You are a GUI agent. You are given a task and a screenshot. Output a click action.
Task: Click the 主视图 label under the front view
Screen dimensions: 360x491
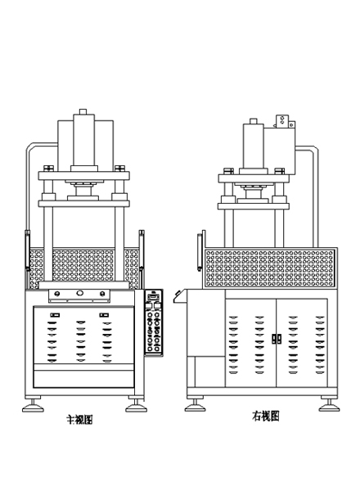[79, 419]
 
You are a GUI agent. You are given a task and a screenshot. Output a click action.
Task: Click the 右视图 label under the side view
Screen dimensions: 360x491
[265, 417]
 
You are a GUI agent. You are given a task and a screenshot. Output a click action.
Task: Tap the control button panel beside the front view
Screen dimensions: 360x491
[154, 322]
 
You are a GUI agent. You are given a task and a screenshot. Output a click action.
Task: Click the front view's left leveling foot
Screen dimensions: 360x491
[33, 405]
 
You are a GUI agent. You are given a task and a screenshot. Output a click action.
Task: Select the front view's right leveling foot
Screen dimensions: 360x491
[136, 405]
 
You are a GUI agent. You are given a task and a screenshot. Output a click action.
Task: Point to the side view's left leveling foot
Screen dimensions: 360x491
[195, 405]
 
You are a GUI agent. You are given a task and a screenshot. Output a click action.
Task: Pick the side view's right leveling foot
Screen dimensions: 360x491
[330, 405]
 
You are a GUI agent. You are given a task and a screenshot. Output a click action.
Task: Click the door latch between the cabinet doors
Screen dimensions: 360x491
[276, 339]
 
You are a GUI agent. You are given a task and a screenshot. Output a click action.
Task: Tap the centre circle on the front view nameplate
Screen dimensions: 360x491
[80, 293]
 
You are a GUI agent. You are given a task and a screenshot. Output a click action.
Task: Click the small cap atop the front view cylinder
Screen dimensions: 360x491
[83, 111]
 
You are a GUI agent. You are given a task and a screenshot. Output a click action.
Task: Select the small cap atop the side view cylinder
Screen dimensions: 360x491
[254, 121]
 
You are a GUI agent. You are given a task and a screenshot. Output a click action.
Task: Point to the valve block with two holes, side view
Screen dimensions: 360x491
[282, 121]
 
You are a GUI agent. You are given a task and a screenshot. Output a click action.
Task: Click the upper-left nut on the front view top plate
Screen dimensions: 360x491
[48, 168]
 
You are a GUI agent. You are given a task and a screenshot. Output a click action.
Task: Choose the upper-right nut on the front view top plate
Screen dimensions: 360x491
[120, 168]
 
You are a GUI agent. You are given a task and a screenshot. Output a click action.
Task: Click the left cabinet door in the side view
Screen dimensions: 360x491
[250, 343]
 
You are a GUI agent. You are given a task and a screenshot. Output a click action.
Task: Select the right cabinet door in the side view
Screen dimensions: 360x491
[302, 343]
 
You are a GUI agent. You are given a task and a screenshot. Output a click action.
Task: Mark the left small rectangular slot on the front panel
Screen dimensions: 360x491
[55, 315]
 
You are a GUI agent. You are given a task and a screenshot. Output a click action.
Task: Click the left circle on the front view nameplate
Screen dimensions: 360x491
[56, 294]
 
